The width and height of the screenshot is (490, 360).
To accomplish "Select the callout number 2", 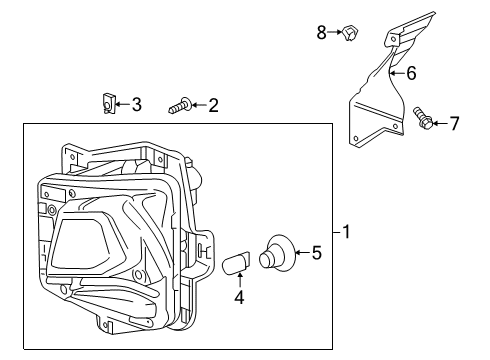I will (213, 104).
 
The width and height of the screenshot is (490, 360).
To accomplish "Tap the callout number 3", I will (137, 103).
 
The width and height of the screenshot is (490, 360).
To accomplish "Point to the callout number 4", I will (238, 296).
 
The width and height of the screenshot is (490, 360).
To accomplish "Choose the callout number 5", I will (316, 253).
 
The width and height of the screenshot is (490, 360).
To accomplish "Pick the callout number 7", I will (454, 124).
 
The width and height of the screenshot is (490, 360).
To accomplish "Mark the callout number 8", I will (322, 33).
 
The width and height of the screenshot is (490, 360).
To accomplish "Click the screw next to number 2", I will (180, 104).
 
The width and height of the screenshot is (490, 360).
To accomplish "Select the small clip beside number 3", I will (109, 102).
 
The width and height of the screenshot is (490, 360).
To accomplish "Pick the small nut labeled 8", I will (351, 35).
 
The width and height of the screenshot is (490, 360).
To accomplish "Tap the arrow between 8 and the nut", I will (335, 33).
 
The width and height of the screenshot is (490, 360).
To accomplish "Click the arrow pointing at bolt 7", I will (440, 124).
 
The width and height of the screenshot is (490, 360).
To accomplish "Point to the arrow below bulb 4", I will (239, 281).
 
